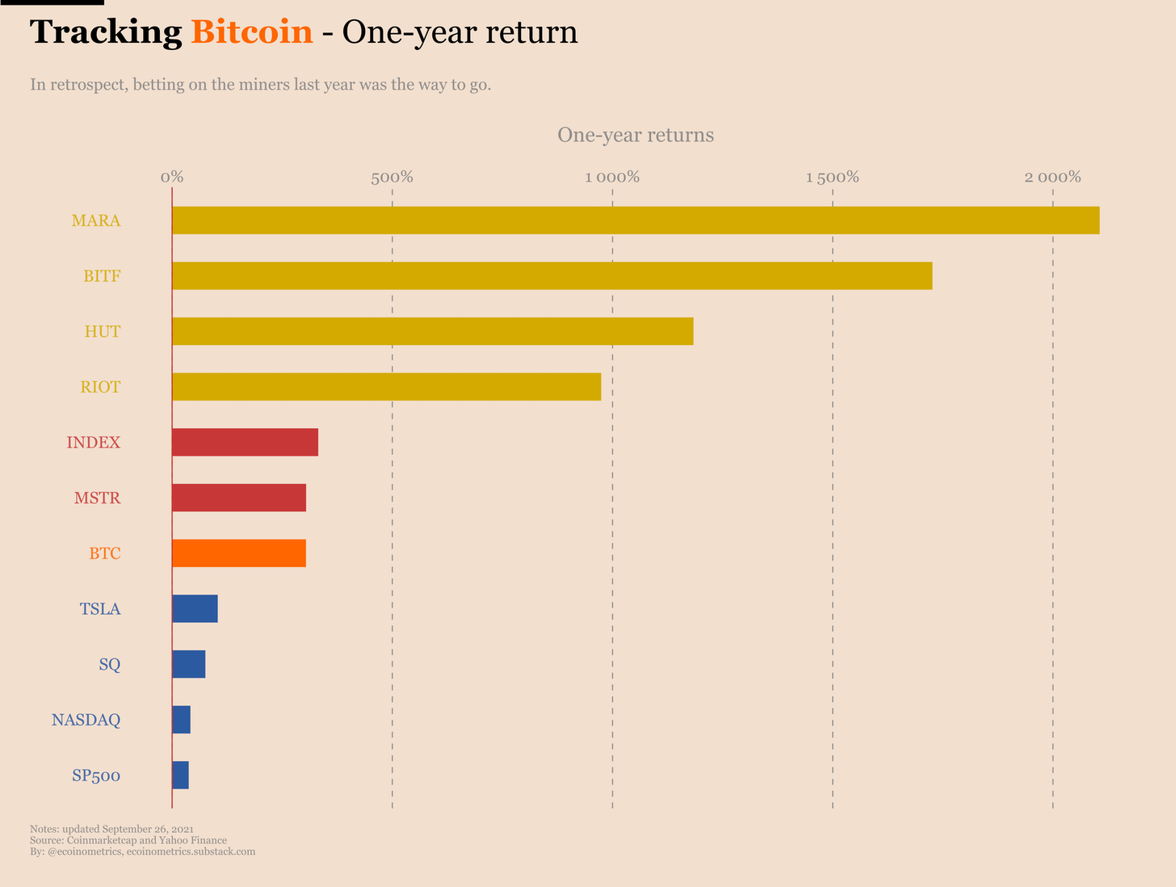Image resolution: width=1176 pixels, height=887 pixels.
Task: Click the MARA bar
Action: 636,221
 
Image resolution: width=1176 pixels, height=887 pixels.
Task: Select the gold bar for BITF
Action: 552,275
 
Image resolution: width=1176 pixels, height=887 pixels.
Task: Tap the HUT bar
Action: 433,331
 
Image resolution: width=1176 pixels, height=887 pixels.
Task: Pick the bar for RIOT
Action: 387,387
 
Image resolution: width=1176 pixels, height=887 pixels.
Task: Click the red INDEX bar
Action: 246,442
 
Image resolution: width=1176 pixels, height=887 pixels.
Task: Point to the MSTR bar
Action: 240,498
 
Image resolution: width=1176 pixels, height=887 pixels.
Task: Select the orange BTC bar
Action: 240,553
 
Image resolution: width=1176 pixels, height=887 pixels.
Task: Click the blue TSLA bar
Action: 195,608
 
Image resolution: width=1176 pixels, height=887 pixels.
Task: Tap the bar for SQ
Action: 189,664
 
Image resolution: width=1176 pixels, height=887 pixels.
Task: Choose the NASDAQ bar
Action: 182,719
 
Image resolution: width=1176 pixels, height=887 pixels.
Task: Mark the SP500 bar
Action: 181,775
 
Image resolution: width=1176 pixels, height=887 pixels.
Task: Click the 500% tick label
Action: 393,177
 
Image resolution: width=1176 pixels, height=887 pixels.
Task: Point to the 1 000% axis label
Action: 612,177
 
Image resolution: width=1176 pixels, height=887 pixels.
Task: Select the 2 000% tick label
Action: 1052,177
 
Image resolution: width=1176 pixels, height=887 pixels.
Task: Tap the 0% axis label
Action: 172,177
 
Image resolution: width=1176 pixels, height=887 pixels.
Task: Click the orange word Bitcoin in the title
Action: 252,32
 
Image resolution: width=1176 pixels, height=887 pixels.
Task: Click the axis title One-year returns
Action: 636,135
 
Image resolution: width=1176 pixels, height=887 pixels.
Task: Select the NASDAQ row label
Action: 86,720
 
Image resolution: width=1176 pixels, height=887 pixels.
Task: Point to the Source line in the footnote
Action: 128,840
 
